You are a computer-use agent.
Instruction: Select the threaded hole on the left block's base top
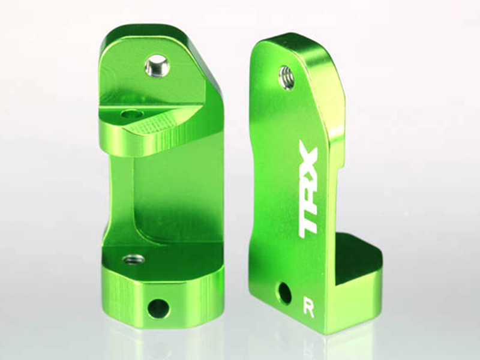(134, 259)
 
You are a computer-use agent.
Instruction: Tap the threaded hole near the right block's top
(287, 77)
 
